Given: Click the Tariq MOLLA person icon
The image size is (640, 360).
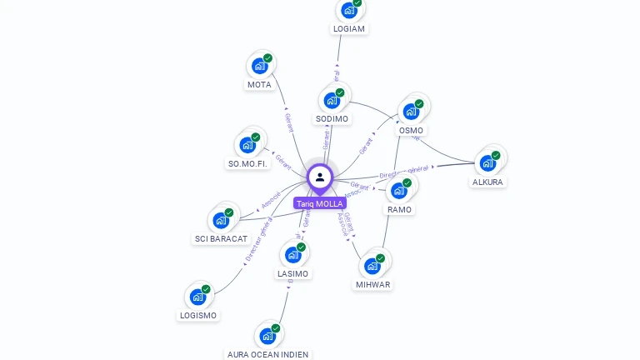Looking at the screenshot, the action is click(x=320, y=177).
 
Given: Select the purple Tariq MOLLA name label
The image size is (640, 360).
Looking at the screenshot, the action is click(x=319, y=203).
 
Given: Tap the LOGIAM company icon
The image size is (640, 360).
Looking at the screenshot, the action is click(x=348, y=11).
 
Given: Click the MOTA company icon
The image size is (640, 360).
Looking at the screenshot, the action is click(x=259, y=66).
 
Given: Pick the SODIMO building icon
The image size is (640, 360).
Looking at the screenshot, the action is click(x=332, y=101).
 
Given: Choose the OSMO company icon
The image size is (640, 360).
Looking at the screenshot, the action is click(x=411, y=112).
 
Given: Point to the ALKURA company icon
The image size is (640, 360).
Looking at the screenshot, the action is click(x=487, y=162).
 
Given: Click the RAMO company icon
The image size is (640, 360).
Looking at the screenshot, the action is click(x=399, y=191).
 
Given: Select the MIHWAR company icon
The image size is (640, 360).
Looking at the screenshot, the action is click(x=372, y=266).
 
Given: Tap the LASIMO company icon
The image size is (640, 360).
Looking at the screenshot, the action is click(x=292, y=255).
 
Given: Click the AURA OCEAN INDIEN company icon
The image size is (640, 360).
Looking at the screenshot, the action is click(x=267, y=336).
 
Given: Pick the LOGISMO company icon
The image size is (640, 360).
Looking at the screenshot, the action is click(x=197, y=297).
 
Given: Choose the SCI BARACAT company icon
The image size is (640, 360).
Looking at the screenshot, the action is click(x=221, y=220).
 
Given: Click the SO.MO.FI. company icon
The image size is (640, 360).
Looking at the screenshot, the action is click(x=247, y=145).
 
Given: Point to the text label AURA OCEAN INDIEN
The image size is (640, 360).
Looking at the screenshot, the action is click(x=267, y=354).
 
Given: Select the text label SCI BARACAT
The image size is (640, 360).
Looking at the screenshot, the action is click(x=221, y=238).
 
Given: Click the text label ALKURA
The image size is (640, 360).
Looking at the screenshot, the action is click(x=487, y=182).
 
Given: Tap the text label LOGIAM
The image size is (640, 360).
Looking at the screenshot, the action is click(x=348, y=28).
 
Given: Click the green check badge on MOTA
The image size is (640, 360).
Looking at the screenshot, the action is click(x=267, y=58).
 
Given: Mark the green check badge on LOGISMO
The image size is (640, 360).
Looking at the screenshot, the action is click(x=206, y=289).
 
